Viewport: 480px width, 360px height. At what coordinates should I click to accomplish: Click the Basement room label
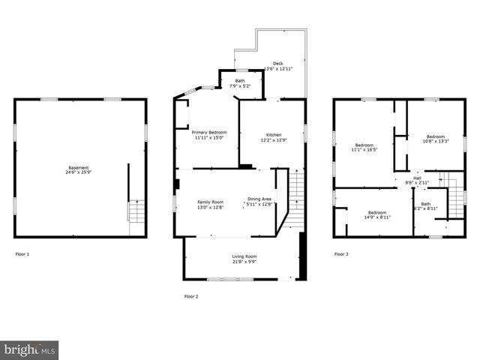pyautogui.click(x=79, y=167)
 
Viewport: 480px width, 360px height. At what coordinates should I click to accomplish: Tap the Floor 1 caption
pyautogui.click(x=22, y=254)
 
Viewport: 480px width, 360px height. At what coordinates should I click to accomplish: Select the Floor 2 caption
pyautogui.click(x=191, y=297)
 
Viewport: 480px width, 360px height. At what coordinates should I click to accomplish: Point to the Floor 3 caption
pyautogui.click(x=340, y=254)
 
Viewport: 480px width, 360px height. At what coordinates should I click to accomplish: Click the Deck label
pyautogui.click(x=278, y=64)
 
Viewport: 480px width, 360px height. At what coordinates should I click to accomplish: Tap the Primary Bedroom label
pyautogui.click(x=209, y=133)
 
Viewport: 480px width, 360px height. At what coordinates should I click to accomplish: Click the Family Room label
pyautogui.click(x=210, y=202)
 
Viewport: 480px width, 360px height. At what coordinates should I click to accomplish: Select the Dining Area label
pyautogui.click(x=259, y=199)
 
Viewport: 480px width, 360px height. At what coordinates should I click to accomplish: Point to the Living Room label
pyautogui.click(x=244, y=256)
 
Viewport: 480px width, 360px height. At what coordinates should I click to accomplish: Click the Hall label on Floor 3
pyautogui.click(x=417, y=178)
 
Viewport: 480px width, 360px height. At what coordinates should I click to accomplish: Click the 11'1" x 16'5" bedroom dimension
pyautogui.click(x=364, y=149)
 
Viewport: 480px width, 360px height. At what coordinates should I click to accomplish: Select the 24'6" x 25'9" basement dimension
pyautogui.click(x=79, y=172)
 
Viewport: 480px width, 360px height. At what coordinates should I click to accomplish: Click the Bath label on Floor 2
pyautogui.click(x=240, y=81)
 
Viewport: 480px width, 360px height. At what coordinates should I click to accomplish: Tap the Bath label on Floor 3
pyautogui.click(x=426, y=203)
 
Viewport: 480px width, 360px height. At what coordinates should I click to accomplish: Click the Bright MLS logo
pyautogui.click(x=29, y=350)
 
